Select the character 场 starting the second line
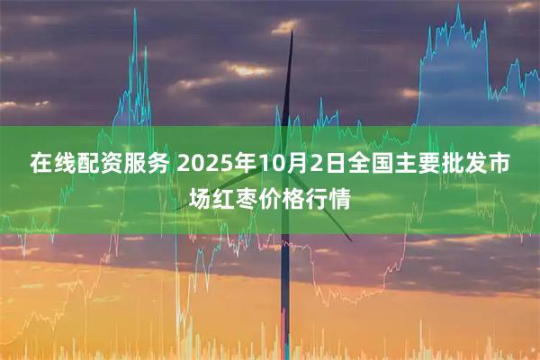[x=201, y=197]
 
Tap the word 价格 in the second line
[x=292, y=197]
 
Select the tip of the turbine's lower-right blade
[x=352, y=240]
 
